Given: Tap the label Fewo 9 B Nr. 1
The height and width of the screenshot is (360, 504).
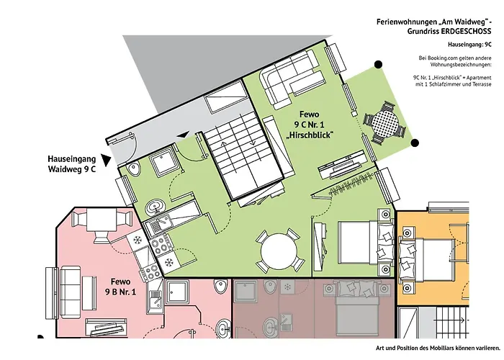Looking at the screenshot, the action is click(x=120, y=287).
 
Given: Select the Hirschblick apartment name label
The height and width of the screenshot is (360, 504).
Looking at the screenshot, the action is click(x=309, y=125).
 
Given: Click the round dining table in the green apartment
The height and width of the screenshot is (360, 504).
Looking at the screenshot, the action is click(x=279, y=251).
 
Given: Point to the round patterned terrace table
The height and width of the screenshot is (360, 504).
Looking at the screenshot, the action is click(x=384, y=122).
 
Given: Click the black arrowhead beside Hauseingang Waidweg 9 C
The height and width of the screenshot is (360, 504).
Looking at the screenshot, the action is click(x=106, y=159).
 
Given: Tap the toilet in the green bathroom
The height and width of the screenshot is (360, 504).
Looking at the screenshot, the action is click(x=134, y=169).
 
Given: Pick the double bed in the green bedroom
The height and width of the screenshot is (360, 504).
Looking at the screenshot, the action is click(x=366, y=242).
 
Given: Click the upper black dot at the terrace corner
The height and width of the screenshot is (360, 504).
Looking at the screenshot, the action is click(x=379, y=65).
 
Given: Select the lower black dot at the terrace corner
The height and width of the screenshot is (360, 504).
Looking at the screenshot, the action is click(x=415, y=143).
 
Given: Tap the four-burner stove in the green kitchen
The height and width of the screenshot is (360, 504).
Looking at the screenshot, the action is click(x=160, y=245).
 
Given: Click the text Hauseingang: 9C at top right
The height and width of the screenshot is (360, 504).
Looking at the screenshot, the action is click(x=469, y=45).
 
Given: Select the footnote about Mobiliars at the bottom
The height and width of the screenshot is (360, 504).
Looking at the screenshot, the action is click(x=438, y=348).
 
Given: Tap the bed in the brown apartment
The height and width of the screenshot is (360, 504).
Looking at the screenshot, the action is click(x=356, y=310).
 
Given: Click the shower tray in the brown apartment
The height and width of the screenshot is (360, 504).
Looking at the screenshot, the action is click(x=246, y=292).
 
